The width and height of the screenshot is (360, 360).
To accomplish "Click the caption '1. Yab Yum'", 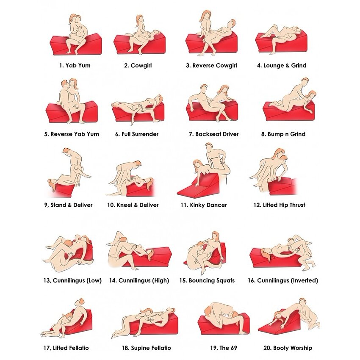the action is (x=75, y=66).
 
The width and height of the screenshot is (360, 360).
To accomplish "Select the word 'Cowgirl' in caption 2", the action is (x=141, y=66).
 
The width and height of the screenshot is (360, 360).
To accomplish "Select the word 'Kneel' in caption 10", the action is (x=124, y=205).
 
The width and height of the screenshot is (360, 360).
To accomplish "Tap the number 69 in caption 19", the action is (x=234, y=348).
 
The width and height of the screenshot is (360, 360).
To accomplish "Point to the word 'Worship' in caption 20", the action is (x=302, y=348).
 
